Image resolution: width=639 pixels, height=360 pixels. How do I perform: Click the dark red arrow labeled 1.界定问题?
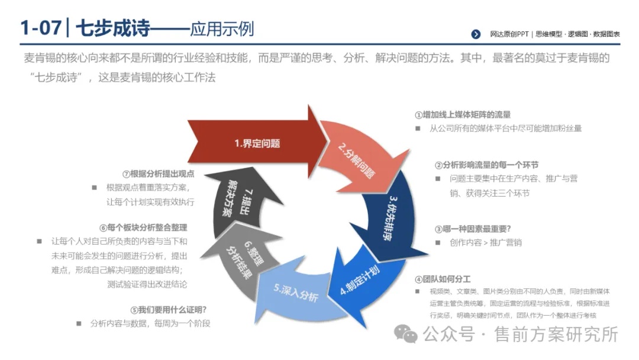(257, 143)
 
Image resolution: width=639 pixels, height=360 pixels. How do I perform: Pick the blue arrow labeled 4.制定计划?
(363, 281)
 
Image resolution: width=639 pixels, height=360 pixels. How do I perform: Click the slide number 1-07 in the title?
(41, 28)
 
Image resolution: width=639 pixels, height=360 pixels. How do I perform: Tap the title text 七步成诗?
(113, 28)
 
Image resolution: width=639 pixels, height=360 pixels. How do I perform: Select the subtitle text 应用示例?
(222, 29)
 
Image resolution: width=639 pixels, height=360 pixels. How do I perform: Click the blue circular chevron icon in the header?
(476, 34)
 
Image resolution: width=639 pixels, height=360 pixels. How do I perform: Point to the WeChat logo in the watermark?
(405, 334)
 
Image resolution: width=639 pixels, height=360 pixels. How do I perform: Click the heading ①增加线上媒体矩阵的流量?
(463, 115)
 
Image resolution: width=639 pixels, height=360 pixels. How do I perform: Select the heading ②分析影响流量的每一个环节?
(486, 165)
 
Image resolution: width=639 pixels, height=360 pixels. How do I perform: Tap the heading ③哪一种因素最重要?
(473, 229)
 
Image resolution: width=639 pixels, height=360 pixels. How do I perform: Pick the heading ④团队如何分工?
(443, 279)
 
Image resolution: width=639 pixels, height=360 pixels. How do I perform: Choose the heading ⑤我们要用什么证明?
(168, 310)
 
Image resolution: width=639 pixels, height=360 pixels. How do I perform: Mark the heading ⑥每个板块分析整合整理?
(143, 227)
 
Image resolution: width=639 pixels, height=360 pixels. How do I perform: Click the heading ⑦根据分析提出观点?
(158, 173)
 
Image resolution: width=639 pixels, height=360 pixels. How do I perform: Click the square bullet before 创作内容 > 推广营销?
(438, 243)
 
